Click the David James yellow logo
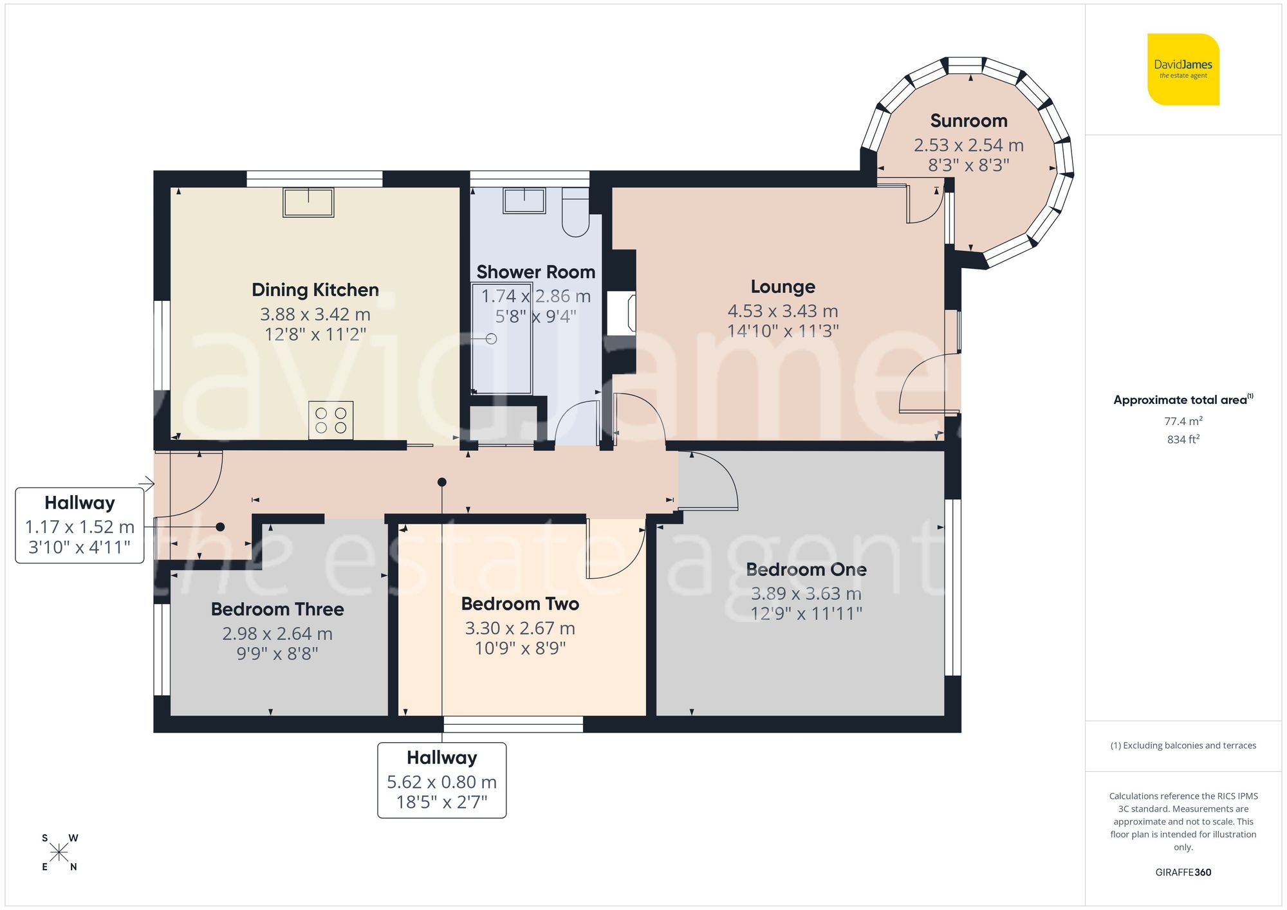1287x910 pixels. point(1183,69)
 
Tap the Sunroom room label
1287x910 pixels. point(968,121)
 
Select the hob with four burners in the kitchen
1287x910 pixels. point(331,421)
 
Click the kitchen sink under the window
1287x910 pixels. point(308,202)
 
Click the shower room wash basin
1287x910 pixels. point(524,201)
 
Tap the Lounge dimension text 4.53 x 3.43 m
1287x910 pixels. point(782,311)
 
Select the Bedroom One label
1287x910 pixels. point(806,570)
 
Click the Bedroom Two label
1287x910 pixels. point(520,604)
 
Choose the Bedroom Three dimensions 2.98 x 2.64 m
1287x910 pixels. point(277,634)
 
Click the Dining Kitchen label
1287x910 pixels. point(315,290)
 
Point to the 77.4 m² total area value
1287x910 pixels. point(1183,421)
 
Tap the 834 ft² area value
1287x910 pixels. point(1183,440)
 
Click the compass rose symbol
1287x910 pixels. point(59,853)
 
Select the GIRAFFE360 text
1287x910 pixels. point(1183,872)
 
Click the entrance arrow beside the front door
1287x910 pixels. point(147,484)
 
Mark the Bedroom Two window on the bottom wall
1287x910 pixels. point(513,724)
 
